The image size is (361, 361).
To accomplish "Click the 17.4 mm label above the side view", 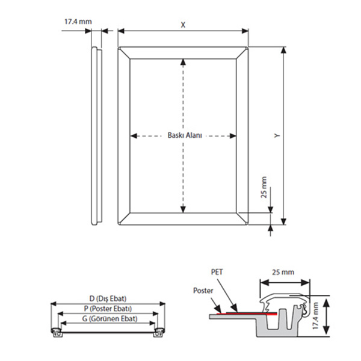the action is [x=78, y=22].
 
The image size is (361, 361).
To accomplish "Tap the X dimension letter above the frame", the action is [x=183, y=25].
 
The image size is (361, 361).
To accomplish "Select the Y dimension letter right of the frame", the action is [x=277, y=135].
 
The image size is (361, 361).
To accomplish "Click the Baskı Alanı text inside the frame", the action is [x=185, y=135].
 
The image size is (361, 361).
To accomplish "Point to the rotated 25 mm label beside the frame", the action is [x=264, y=187].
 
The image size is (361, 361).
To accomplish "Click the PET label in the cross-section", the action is [x=217, y=272].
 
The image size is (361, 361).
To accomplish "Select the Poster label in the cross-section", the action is [x=203, y=291].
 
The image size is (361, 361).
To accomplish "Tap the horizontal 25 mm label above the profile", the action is [x=283, y=272].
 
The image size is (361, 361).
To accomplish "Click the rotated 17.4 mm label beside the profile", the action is [x=315, y=316].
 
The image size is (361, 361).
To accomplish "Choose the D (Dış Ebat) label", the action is [x=108, y=298].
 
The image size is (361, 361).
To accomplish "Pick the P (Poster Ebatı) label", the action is [x=108, y=309].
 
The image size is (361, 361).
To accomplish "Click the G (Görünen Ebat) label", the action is [x=110, y=319].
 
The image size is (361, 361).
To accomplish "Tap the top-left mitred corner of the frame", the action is [x=119, y=48].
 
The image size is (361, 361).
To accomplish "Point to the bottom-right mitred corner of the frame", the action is [x=247, y=224].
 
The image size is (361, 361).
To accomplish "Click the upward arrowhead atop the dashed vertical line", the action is [x=183, y=62].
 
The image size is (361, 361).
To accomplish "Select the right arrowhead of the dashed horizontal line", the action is [x=233, y=136].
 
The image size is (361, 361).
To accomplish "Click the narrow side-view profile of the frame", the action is [x=96, y=136].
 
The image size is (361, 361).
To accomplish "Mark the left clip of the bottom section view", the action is [x=57, y=333].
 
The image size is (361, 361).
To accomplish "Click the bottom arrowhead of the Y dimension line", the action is [x=283, y=221].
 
